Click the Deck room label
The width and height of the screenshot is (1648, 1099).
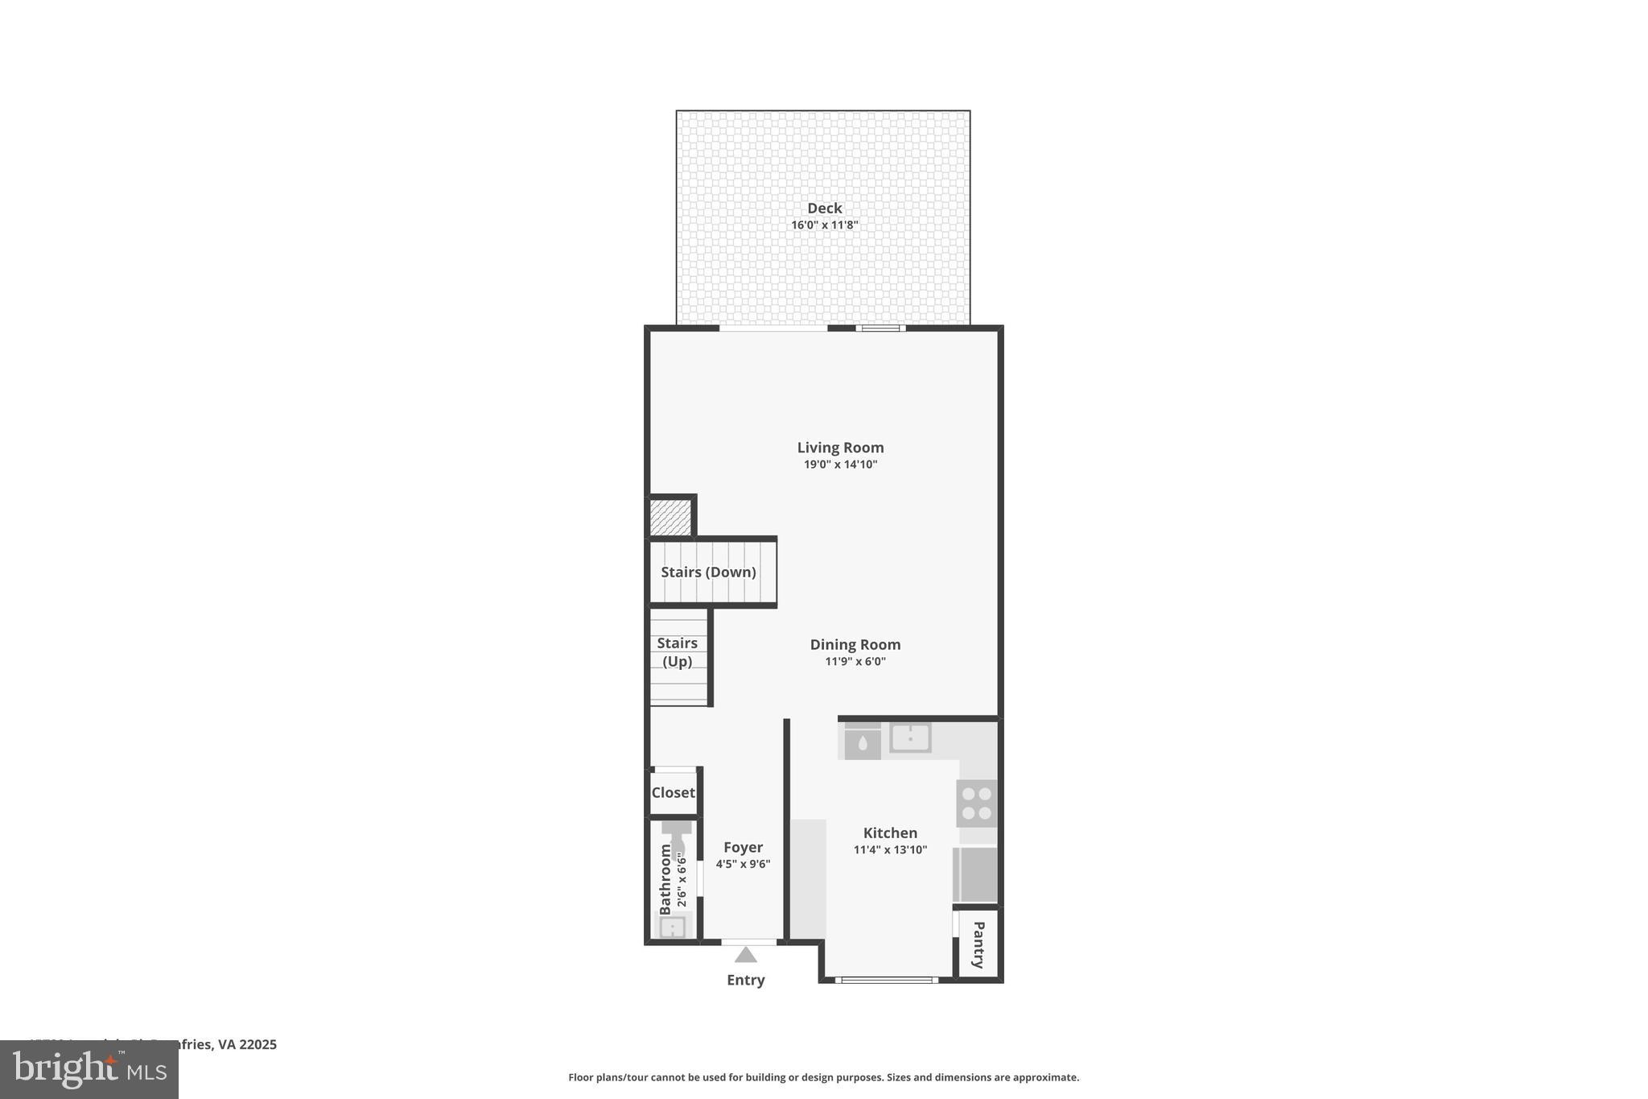pyautogui.click(x=824, y=208)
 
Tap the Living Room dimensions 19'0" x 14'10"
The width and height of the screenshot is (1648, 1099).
pyautogui.click(x=840, y=465)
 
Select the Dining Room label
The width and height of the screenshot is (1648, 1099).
pyautogui.click(x=855, y=644)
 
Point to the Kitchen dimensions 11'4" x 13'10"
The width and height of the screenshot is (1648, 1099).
pyautogui.click(x=890, y=849)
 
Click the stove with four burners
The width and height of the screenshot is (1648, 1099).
pyautogui.click(x=976, y=803)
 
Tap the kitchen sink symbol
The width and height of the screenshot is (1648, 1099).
pyautogui.click(x=910, y=737)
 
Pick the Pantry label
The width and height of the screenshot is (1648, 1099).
pyautogui.click(x=978, y=944)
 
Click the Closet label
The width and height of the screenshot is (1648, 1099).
pyautogui.click(x=673, y=792)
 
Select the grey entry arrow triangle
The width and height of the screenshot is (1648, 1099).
pyautogui.click(x=745, y=955)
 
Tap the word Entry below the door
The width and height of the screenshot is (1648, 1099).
pyautogui.click(x=745, y=980)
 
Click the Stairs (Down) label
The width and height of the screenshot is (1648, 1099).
pyautogui.click(x=708, y=572)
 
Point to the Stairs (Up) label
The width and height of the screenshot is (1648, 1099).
pyautogui.click(x=677, y=652)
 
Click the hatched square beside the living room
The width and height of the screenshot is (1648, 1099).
pyautogui.click(x=670, y=517)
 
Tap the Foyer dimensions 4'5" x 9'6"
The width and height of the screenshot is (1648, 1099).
pyautogui.click(x=743, y=864)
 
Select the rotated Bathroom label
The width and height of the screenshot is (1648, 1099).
pyautogui.click(x=665, y=879)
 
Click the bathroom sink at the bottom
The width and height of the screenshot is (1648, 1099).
pyautogui.click(x=672, y=928)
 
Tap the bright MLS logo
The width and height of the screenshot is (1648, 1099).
pyautogui.click(x=89, y=1070)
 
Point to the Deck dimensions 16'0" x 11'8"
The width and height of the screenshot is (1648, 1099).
pyautogui.click(x=824, y=225)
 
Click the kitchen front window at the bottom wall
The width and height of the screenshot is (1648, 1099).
pyautogui.click(x=886, y=980)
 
